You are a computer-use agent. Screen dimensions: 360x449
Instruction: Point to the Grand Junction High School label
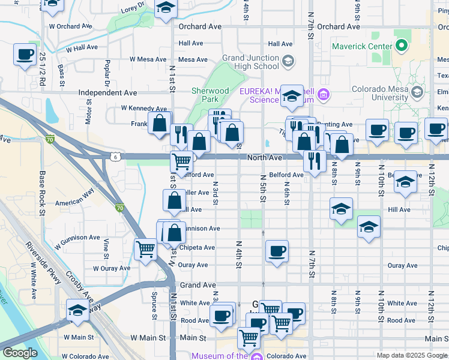250,62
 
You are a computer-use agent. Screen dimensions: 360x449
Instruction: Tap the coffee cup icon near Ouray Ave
277,251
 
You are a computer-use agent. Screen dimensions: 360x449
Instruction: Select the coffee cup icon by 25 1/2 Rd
25,55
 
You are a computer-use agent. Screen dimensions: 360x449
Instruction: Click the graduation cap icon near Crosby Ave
77,310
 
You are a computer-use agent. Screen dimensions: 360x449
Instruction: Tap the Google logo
20,353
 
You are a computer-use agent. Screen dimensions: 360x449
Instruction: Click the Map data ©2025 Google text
411,355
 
